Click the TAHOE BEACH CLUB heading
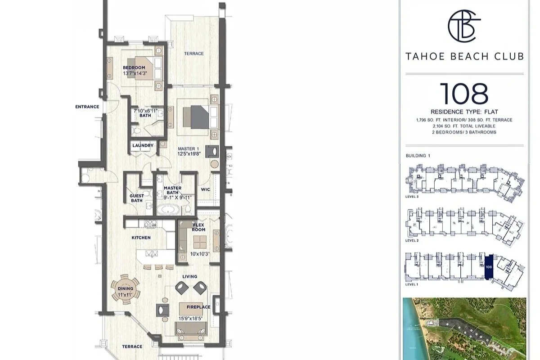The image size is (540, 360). (464, 57)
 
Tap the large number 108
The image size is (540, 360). (464, 93)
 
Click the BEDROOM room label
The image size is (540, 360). (134, 68)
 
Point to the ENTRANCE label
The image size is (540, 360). (87, 107)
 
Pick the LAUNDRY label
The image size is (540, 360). (143, 146)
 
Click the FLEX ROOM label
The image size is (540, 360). (199, 227)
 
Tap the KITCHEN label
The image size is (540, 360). (141, 238)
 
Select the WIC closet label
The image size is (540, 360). (206, 189)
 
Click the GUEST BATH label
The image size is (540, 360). (137, 198)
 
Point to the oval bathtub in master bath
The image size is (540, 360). (167, 210)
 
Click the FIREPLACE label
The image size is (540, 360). (198, 307)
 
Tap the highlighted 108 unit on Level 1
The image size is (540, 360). (489, 266)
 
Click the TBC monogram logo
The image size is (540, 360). (464, 27)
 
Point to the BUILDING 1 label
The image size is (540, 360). (418, 156)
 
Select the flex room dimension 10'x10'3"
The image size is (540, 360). (198, 254)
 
